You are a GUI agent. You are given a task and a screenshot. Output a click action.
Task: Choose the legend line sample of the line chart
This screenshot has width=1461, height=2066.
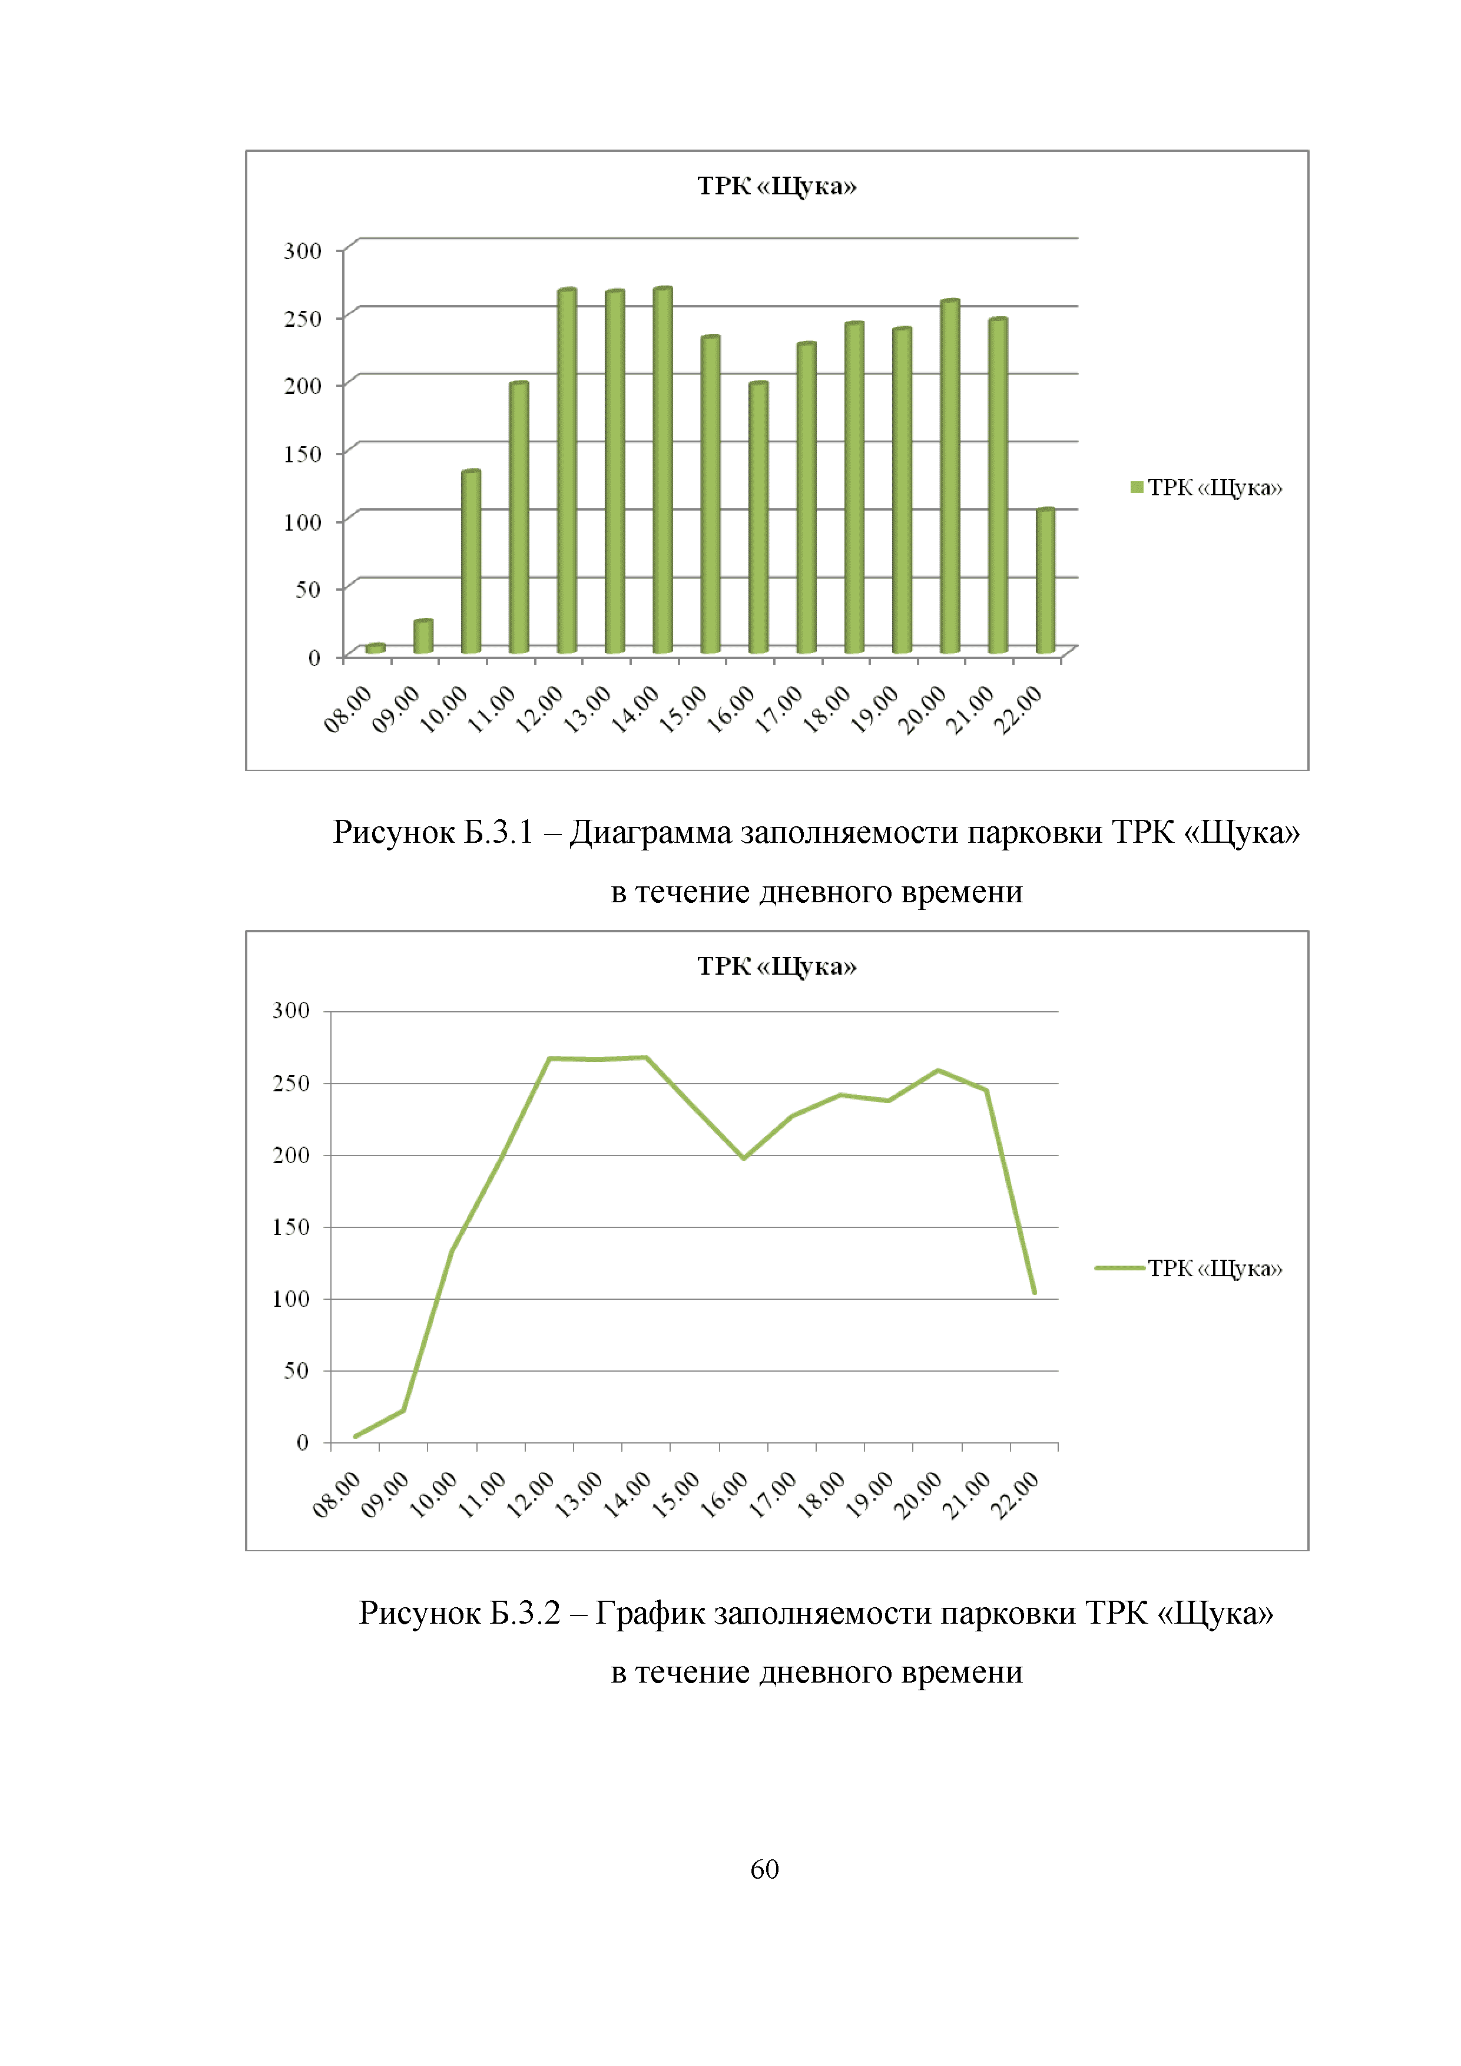click(x=1119, y=1268)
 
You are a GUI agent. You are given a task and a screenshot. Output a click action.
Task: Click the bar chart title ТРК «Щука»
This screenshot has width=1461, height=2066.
click(x=776, y=186)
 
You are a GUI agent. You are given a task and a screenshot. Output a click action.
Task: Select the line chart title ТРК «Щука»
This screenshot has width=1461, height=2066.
click(x=776, y=966)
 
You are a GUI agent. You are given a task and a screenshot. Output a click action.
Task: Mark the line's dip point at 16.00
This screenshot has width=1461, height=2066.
click(x=744, y=1158)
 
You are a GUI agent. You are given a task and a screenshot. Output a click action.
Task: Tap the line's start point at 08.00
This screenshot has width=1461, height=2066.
click(x=355, y=1436)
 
